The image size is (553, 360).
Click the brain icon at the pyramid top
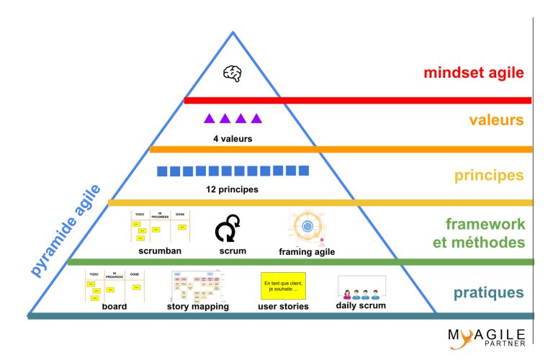[x=232, y=73]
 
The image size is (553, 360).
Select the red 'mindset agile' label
[x=473, y=73]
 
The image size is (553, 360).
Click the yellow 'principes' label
[x=488, y=176]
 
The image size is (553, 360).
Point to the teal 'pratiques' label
[x=488, y=293]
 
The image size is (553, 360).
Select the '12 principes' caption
[x=232, y=189]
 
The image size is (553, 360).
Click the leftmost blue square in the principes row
[x=163, y=171]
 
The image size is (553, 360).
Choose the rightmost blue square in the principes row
[x=303, y=171]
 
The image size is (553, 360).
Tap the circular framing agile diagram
[x=307, y=227]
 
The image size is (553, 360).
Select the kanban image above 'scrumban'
[x=161, y=227]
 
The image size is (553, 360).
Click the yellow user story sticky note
[x=282, y=286]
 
